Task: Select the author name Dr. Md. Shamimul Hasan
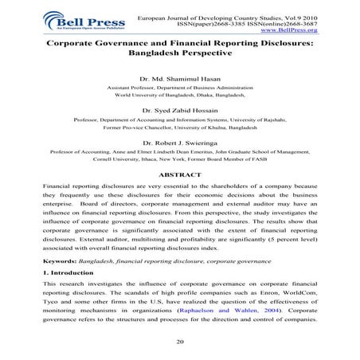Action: pos(179,78)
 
